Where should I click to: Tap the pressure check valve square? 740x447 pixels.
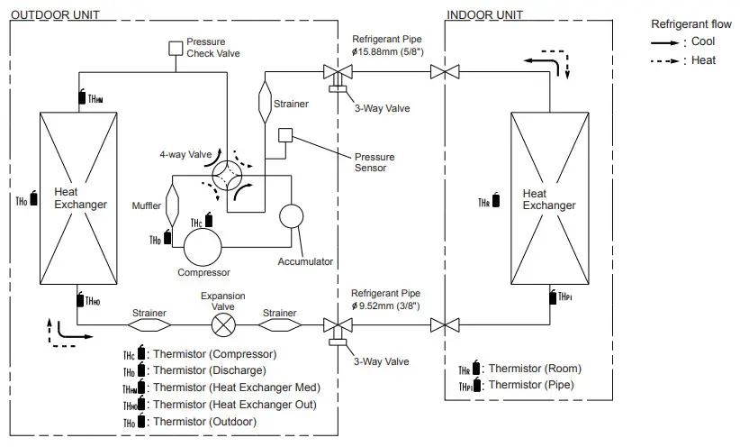176,48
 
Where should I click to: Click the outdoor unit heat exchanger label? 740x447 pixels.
80,198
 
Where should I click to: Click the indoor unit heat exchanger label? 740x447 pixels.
548,199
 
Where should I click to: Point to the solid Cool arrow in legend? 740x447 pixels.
665,42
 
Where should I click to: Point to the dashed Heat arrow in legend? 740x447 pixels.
665,60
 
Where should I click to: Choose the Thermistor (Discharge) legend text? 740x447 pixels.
210,370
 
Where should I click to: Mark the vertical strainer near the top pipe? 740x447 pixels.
265,101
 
